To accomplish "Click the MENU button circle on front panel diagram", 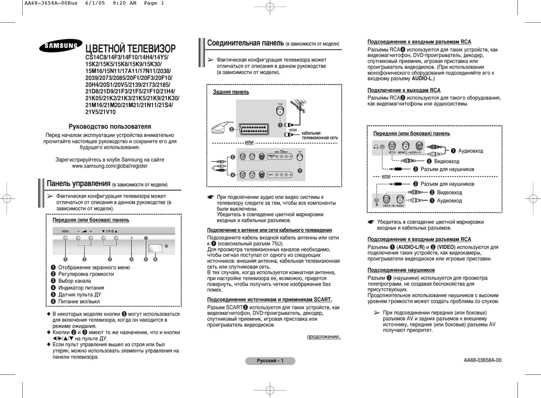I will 66,239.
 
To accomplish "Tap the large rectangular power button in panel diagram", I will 156,248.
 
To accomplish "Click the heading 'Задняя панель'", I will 230,92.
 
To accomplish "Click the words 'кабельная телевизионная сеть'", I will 319,135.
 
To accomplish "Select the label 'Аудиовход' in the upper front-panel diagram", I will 470,151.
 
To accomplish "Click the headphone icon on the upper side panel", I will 376,146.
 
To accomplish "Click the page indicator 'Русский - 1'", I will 270,361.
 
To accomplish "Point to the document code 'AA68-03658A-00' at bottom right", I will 482,360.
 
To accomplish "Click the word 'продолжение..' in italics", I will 324,337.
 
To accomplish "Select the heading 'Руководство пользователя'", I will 109,127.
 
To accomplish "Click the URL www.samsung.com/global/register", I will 109,166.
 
